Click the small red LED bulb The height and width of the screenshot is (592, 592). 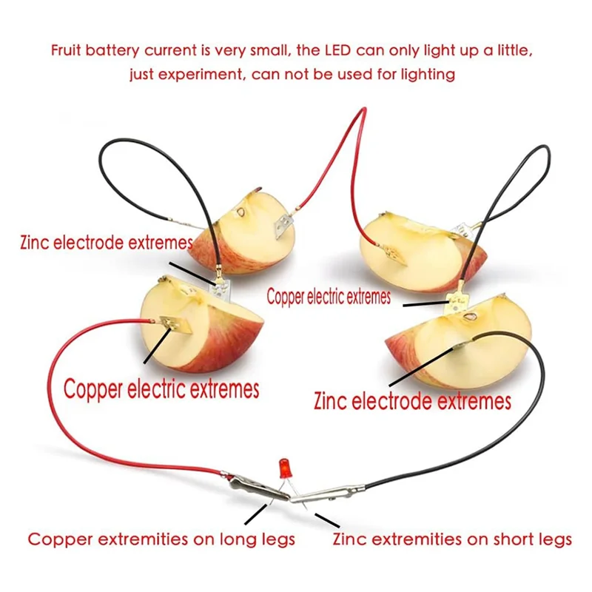tap(283, 468)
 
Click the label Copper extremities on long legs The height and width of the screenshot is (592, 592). tap(161, 539)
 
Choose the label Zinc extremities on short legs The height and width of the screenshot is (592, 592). tap(453, 539)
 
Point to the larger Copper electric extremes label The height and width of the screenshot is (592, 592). tap(161, 388)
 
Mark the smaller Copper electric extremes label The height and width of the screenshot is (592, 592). tap(329, 297)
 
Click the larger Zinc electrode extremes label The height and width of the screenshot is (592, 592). tap(412, 401)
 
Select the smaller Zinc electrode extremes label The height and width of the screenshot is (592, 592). tap(107, 242)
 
